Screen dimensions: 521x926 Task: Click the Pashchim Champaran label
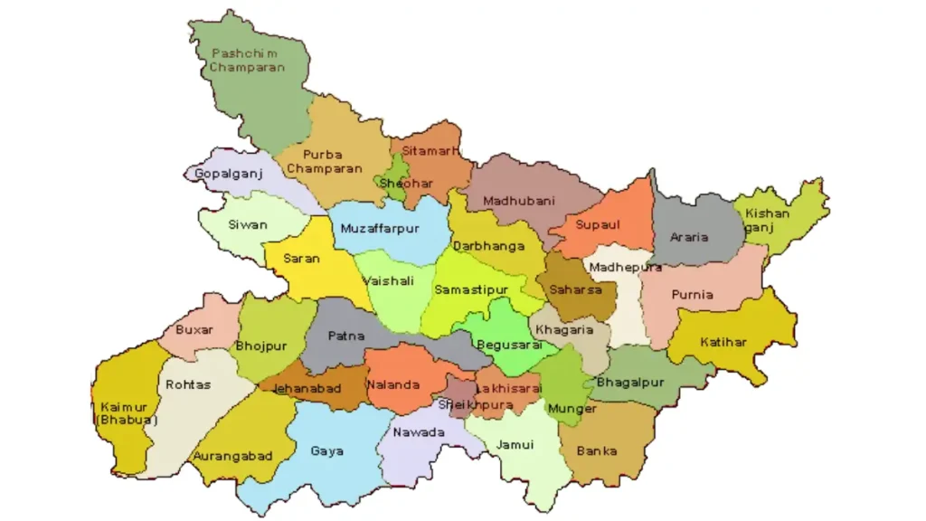tap(246, 61)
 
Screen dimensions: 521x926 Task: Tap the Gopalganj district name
tap(222, 174)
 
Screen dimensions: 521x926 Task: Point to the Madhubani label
tap(519, 201)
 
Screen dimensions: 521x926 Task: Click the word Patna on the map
tap(346, 336)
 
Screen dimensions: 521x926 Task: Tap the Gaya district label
tap(327, 450)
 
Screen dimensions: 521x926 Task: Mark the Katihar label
tap(723, 342)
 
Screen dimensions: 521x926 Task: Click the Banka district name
tap(597, 450)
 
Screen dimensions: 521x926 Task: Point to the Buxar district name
tap(194, 330)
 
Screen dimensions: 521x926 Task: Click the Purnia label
tap(693, 295)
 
